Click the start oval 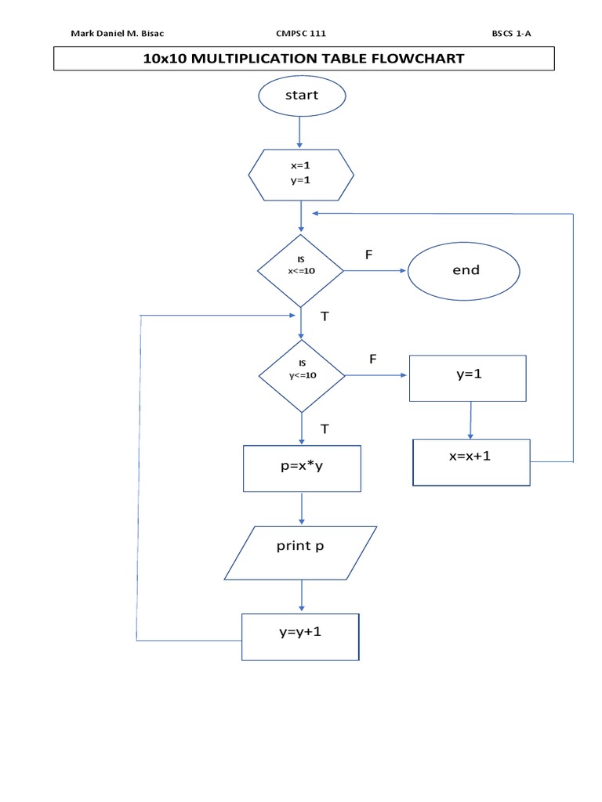point(301,96)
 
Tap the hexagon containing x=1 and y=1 point(301,173)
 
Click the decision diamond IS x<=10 point(301,270)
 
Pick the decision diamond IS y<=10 point(301,375)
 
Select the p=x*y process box point(303,468)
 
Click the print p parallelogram point(300,552)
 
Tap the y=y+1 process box point(300,637)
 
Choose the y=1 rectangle point(468,378)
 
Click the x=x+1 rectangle point(471,462)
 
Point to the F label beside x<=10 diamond point(368,255)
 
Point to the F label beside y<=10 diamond point(373,359)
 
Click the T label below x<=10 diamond point(325,316)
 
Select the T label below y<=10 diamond point(325,428)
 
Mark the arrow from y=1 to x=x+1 point(470,421)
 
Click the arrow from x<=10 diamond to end point(375,271)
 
